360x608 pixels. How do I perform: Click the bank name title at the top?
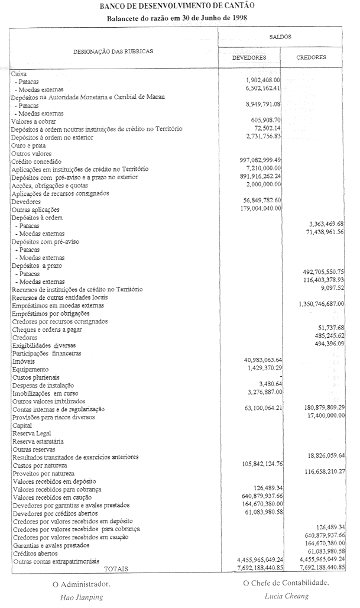click(x=177, y=7)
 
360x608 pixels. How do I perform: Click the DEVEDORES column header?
click(x=249, y=58)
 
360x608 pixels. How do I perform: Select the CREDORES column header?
click(x=312, y=58)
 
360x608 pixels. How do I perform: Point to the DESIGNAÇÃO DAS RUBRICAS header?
click(x=113, y=51)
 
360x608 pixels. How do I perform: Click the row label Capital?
click(x=22, y=425)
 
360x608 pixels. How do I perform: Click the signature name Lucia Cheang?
click(x=286, y=596)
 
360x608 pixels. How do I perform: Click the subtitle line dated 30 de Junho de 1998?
click(x=177, y=18)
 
